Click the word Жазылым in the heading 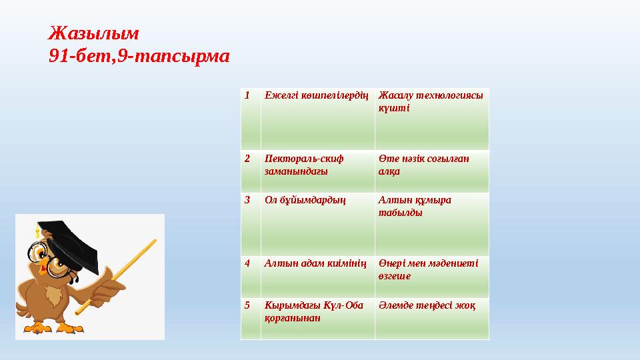coord(94,32)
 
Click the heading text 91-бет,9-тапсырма coord(139,57)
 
